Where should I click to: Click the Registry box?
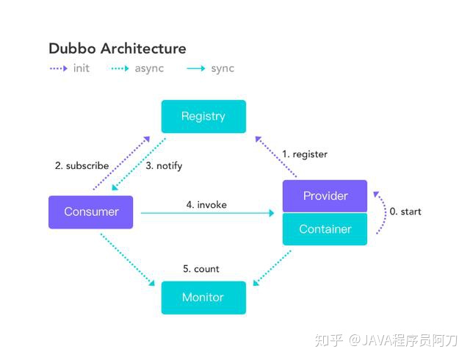point(203,116)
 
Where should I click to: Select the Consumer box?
point(90,212)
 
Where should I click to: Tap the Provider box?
point(325,196)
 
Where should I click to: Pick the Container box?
point(325,229)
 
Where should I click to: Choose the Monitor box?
point(203,298)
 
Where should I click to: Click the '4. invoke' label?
point(206,205)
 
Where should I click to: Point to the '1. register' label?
point(305,154)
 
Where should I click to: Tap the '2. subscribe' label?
point(82,165)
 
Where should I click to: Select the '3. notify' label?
point(164,166)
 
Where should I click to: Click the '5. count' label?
point(201,269)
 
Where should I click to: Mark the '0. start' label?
point(405,212)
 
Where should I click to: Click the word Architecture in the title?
point(143,48)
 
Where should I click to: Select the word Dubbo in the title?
point(72,48)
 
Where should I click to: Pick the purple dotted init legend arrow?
point(59,69)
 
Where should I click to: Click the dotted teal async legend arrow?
point(120,69)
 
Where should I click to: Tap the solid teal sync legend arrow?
point(196,69)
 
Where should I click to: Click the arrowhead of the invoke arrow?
point(272,213)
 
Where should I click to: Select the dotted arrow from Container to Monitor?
point(272,268)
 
